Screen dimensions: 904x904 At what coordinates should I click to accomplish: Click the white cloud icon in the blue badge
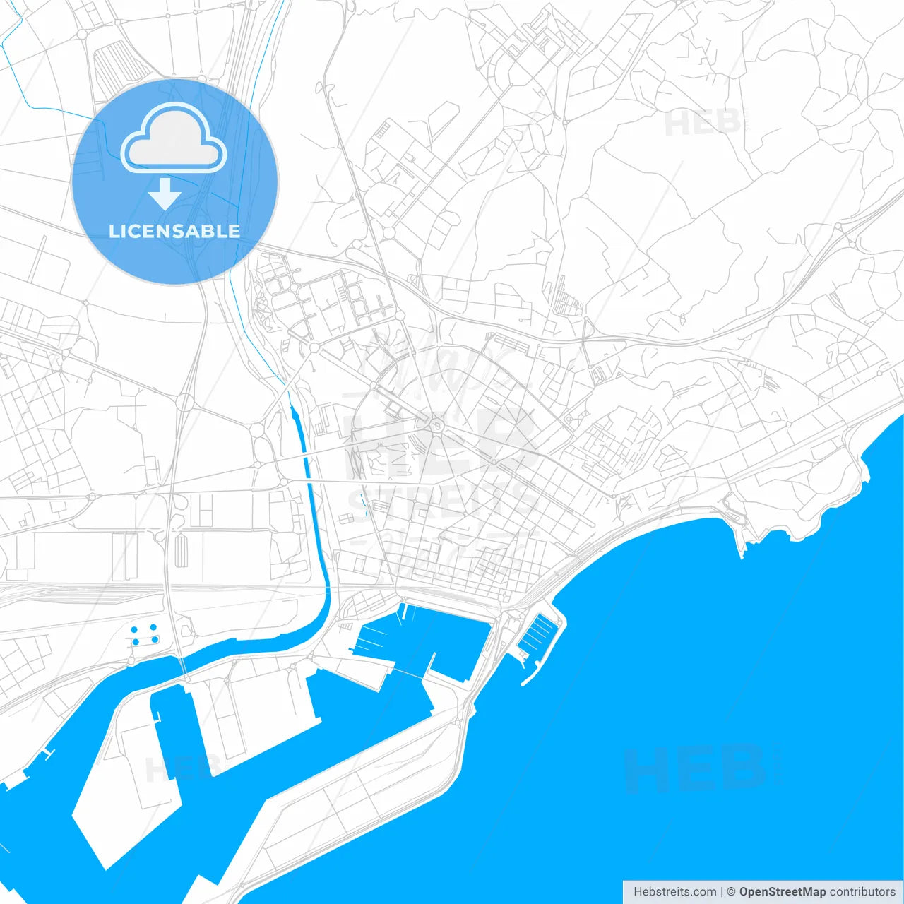click(174, 138)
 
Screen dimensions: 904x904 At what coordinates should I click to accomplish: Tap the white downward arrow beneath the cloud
click(165, 194)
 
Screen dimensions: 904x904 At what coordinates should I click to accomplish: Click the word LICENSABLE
click(174, 231)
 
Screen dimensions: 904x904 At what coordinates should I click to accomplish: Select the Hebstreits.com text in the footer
click(674, 891)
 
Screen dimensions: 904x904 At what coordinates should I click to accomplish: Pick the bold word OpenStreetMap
click(783, 891)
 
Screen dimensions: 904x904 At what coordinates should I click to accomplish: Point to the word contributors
click(862, 891)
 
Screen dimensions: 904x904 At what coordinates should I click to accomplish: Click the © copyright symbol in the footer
click(732, 891)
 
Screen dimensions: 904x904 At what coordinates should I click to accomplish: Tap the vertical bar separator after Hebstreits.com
click(722, 891)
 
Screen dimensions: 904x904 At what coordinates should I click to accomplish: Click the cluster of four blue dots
click(144, 634)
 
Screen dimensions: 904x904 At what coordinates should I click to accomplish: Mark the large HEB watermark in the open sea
click(695, 770)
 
